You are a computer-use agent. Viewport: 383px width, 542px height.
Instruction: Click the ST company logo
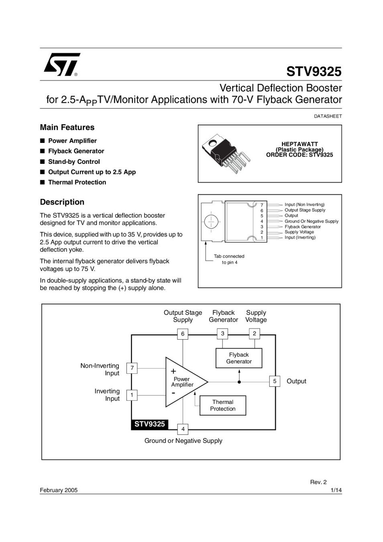[61, 65]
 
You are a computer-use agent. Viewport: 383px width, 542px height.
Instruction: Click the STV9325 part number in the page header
[314, 71]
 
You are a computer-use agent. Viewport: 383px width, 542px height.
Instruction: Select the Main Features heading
[67, 127]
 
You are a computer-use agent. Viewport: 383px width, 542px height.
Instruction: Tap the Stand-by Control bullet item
[74, 161]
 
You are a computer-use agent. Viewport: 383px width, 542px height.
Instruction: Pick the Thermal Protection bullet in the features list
[77, 182]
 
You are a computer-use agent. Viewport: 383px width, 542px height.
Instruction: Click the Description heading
[62, 202]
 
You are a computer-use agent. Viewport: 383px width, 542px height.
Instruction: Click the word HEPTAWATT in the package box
[299, 144]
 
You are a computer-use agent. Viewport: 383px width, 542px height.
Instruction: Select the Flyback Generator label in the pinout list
[303, 226]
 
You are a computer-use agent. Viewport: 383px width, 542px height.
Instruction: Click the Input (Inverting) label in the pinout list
[300, 237]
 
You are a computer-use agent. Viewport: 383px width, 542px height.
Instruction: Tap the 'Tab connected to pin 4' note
[229, 259]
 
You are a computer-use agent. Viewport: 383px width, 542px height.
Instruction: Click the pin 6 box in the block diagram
[183, 334]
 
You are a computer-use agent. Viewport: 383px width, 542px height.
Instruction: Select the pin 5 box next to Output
[275, 381]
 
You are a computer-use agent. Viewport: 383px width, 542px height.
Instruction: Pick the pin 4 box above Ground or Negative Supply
[183, 429]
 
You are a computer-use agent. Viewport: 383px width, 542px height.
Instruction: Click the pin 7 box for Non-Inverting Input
[132, 368]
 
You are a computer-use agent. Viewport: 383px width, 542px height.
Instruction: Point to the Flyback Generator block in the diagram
[239, 358]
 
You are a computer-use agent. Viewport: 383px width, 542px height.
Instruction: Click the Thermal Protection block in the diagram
[223, 405]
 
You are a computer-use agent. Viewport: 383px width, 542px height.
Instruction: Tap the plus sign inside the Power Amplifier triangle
[173, 371]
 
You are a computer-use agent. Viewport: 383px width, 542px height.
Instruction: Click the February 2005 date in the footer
[59, 490]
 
